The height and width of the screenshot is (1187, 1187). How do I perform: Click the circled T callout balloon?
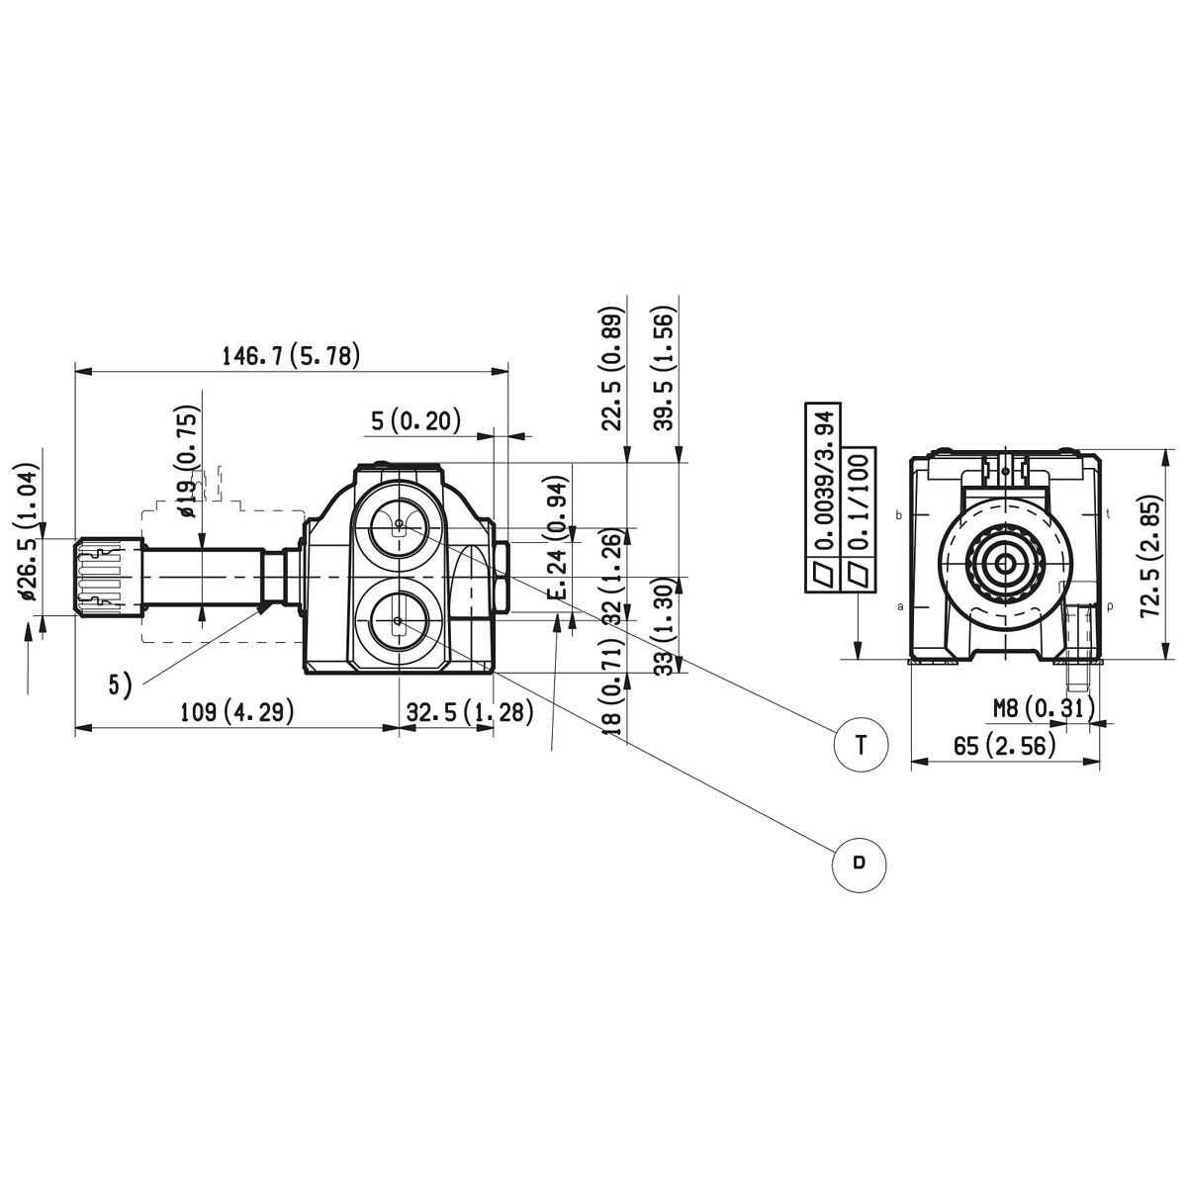point(861,745)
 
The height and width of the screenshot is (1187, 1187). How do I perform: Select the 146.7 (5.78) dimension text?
point(291,355)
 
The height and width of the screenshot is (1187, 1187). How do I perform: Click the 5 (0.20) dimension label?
point(416,421)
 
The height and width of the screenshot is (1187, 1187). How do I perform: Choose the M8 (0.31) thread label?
point(1044,707)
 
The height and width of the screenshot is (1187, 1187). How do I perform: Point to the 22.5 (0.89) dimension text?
point(613,371)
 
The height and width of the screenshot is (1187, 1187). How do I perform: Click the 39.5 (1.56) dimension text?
point(665,371)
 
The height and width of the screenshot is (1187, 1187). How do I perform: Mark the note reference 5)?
point(120,684)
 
